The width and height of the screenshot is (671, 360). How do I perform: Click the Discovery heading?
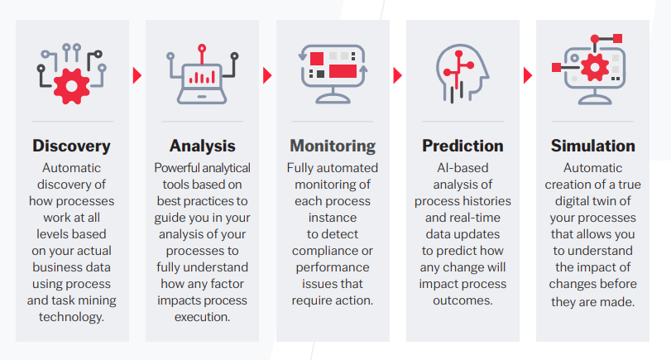point(71,146)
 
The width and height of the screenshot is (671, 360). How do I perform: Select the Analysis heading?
point(202,146)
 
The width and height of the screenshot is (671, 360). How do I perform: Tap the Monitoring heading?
point(333,146)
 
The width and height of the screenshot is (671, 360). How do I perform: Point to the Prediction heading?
point(463,146)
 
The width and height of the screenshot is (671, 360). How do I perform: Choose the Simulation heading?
point(592,146)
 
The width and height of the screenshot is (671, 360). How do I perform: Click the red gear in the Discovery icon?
point(71,86)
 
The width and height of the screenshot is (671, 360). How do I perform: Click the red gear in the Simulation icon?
point(594,67)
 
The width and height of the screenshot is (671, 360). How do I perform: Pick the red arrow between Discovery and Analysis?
point(137,75)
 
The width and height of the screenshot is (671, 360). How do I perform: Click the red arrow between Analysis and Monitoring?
point(267,75)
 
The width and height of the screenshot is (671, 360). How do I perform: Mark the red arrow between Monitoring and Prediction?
point(397,75)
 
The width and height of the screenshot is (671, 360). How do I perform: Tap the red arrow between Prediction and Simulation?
point(528,75)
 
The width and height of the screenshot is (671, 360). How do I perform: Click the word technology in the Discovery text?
point(71,317)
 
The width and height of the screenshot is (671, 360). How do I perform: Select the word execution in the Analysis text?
point(202,317)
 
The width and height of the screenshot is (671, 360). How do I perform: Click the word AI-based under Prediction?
point(463,168)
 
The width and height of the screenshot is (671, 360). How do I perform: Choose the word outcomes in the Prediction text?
point(463,300)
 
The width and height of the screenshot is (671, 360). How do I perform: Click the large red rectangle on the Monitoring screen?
point(343,71)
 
